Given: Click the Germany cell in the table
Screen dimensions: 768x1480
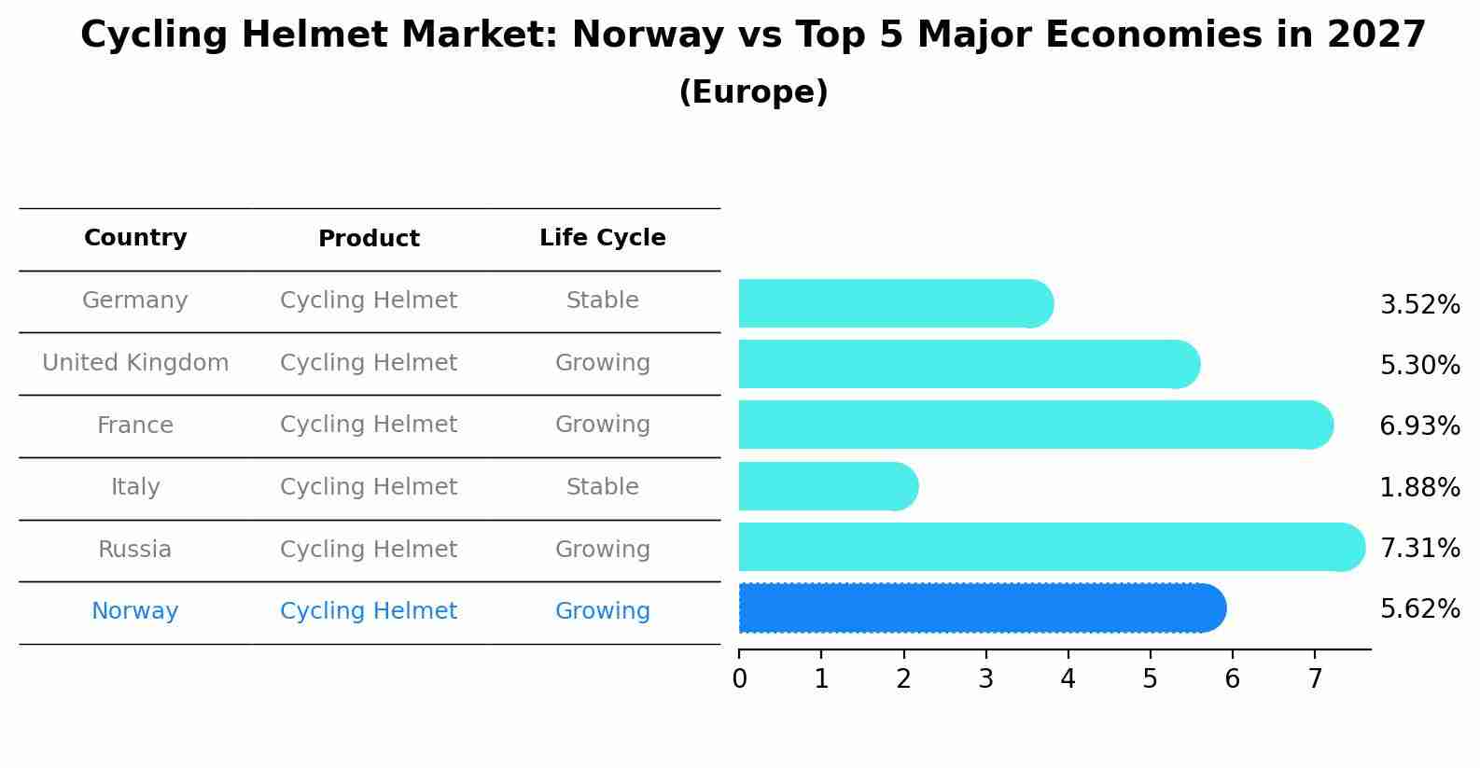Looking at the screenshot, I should tap(135, 300).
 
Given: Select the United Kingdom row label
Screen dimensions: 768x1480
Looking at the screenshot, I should tap(135, 363).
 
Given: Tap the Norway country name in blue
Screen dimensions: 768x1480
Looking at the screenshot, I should tap(135, 611).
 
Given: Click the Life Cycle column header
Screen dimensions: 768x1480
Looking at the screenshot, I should tap(602, 238).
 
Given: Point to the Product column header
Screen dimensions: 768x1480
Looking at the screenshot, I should tap(369, 239).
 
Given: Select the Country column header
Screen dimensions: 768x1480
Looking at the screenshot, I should tap(135, 238).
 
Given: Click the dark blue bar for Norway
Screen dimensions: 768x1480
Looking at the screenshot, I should tap(980, 608).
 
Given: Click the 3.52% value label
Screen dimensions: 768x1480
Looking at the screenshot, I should tap(1419, 305).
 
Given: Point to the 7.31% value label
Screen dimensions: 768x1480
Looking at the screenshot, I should tap(1419, 548).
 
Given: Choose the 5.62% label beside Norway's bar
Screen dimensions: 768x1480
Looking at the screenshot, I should tap(1419, 609).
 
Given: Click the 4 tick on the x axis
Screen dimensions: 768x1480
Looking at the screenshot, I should tap(1068, 679).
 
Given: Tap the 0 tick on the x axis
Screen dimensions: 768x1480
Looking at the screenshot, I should tap(740, 679).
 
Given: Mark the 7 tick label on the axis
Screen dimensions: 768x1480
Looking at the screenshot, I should tap(1315, 679).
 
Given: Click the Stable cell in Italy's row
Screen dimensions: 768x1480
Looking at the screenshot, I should tap(602, 487).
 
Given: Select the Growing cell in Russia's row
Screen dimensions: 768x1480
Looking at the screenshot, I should tap(602, 550).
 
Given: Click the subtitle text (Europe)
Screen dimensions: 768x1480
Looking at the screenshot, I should tap(753, 92).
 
